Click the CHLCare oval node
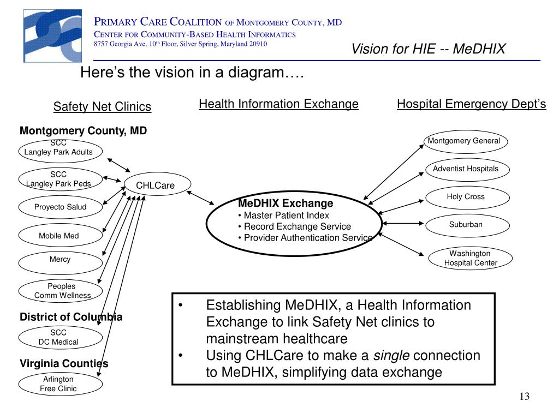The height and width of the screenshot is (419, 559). coord(158,184)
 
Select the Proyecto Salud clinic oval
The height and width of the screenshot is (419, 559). coord(60,207)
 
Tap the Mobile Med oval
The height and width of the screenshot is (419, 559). coord(60,235)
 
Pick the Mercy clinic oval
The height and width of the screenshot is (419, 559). coord(60,263)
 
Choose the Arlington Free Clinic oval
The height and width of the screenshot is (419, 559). coord(60,384)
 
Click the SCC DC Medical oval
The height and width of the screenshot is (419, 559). coord(60,337)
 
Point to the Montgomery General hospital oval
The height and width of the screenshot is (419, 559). coord(466,142)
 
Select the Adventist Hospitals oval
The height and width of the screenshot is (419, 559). coord(467,170)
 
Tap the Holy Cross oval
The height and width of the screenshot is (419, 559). coord(467,197)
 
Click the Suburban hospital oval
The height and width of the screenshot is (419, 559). coord(467,225)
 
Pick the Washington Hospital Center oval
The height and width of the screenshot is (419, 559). coord(470,258)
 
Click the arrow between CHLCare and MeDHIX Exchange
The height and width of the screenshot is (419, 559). coord(200,197)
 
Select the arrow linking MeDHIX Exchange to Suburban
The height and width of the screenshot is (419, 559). coord(403,223)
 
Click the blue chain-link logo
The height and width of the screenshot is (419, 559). coord(52,36)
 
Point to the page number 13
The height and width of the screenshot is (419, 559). coord(525,397)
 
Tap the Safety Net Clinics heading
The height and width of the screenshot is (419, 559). coord(102,106)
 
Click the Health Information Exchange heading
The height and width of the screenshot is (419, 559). coord(278,104)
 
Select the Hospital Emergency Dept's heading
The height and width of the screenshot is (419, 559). coord(471,104)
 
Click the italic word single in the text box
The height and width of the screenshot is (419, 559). coord(391,356)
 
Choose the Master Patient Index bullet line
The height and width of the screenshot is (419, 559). coord(283,216)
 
